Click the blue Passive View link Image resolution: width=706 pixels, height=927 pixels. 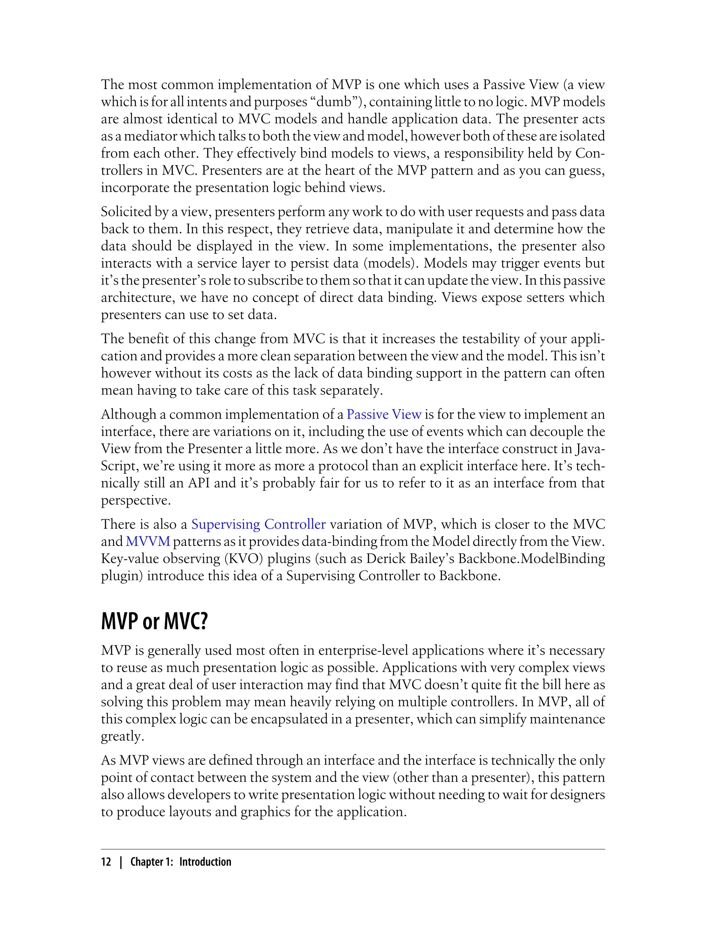(x=384, y=415)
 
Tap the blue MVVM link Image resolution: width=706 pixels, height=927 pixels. (x=148, y=541)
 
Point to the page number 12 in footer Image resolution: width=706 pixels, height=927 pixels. (x=106, y=862)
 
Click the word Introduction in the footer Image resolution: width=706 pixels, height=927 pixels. (x=205, y=862)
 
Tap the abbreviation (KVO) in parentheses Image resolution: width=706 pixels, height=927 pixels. (x=244, y=559)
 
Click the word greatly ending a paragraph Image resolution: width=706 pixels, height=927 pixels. (x=122, y=737)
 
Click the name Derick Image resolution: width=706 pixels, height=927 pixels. (x=385, y=559)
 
